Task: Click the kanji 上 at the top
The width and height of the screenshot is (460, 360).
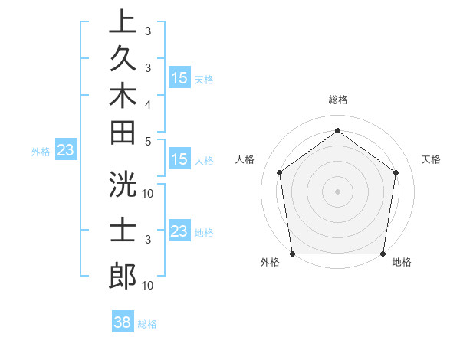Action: point(123,22)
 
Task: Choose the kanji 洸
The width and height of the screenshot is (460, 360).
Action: point(123,184)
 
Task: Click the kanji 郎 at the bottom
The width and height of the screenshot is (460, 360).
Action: point(123,275)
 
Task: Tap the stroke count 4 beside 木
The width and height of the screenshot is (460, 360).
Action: point(147,103)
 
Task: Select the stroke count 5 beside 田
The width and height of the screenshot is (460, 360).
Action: point(147,141)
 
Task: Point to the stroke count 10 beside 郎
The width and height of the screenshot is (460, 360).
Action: point(149,286)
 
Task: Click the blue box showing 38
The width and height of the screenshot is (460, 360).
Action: point(123,322)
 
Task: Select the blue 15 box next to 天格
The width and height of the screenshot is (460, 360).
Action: point(179,78)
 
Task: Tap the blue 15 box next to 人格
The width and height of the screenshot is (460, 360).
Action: point(179,160)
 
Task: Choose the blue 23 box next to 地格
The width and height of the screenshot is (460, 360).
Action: point(179,231)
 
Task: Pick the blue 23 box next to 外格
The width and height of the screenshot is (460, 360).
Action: point(65,150)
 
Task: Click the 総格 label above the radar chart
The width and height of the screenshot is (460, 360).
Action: point(337,100)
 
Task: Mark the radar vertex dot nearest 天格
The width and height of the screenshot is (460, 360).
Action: point(396,172)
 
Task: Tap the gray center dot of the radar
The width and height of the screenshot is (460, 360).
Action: point(337,191)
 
